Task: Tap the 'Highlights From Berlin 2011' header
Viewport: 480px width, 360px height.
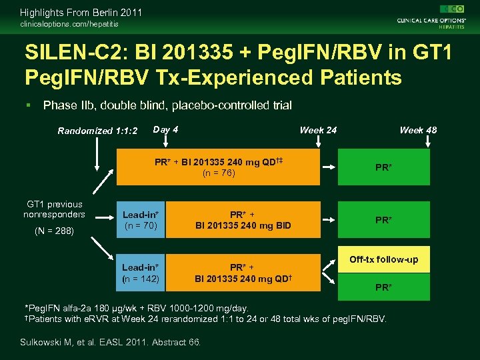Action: click(x=81, y=12)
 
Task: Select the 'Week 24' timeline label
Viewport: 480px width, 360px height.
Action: click(x=318, y=130)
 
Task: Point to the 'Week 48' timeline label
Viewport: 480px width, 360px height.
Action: click(x=418, y=130)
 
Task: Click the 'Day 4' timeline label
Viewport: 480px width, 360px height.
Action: click(x=165, y=129)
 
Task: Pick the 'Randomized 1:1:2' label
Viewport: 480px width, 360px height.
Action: click(x=97, y=131)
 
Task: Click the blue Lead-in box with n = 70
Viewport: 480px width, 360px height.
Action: click(x=141, y=220)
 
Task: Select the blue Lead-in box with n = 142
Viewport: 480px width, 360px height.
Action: click(x=141, y=273)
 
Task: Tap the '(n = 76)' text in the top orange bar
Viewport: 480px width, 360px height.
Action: click(x=219, y=173)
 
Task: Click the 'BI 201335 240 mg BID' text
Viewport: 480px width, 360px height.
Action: click(x=243, y=225)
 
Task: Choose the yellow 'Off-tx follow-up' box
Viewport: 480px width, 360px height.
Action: click(x=383, y=259)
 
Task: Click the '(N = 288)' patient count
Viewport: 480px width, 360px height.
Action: click(x=55, y=231)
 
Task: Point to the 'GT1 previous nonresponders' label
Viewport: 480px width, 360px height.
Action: click(x=55, y=209)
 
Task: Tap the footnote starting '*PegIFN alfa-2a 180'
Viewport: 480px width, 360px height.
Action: click(x=137, y=308)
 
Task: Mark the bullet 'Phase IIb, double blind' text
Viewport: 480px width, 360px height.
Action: click(x=167, y=105)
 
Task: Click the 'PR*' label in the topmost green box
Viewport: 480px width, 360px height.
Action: click(x=383, y=167)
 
